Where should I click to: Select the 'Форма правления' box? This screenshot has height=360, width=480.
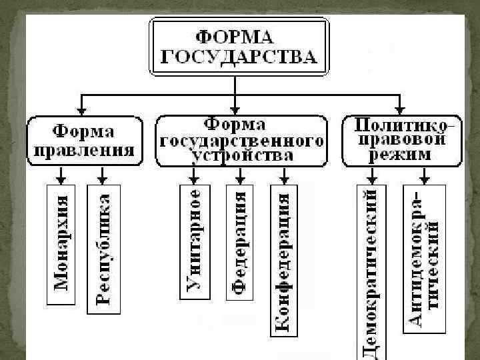[84, 140]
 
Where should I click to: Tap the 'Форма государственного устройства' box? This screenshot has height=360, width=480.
[241, 141]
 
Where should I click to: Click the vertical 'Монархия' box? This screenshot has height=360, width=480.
[61, 243]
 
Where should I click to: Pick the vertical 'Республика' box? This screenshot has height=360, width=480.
[102, 247]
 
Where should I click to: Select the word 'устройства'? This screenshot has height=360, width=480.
[241, 156]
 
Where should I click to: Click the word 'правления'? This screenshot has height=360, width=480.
[83, 149]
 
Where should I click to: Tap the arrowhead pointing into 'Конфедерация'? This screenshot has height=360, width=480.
[284, 179]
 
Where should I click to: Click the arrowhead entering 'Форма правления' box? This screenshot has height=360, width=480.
[81, 110]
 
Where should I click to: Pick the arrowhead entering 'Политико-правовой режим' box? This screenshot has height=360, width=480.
[399, 110]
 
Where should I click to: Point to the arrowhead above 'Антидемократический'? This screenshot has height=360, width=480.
[424, 179]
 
